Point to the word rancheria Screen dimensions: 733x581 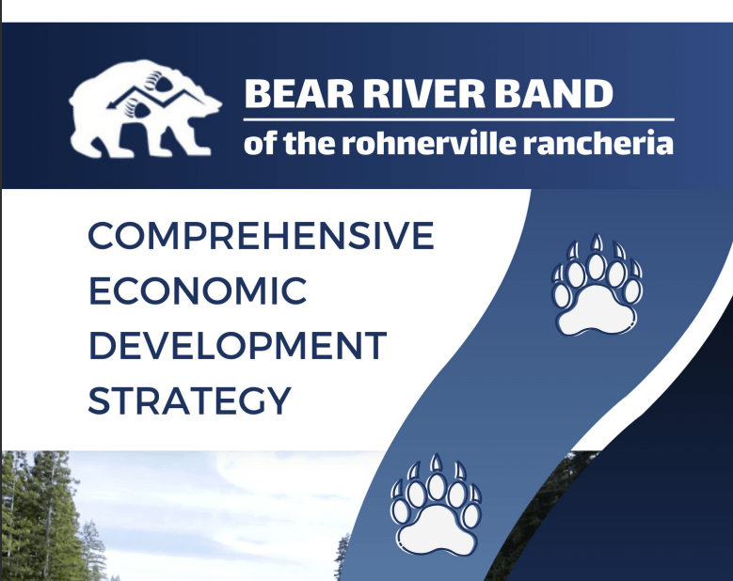point(598,143)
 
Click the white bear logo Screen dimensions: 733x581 point(145,108)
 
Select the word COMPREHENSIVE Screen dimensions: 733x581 point(261,236)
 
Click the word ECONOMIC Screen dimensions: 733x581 point(198,290)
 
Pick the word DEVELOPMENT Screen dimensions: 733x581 point(237,346)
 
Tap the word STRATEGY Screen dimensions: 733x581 point(189,400)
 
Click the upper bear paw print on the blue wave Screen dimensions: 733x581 point(597,285)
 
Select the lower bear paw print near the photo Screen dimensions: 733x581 point(437,506)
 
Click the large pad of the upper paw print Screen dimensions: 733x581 point(597,311)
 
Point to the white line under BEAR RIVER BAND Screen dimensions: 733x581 point(458,120)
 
